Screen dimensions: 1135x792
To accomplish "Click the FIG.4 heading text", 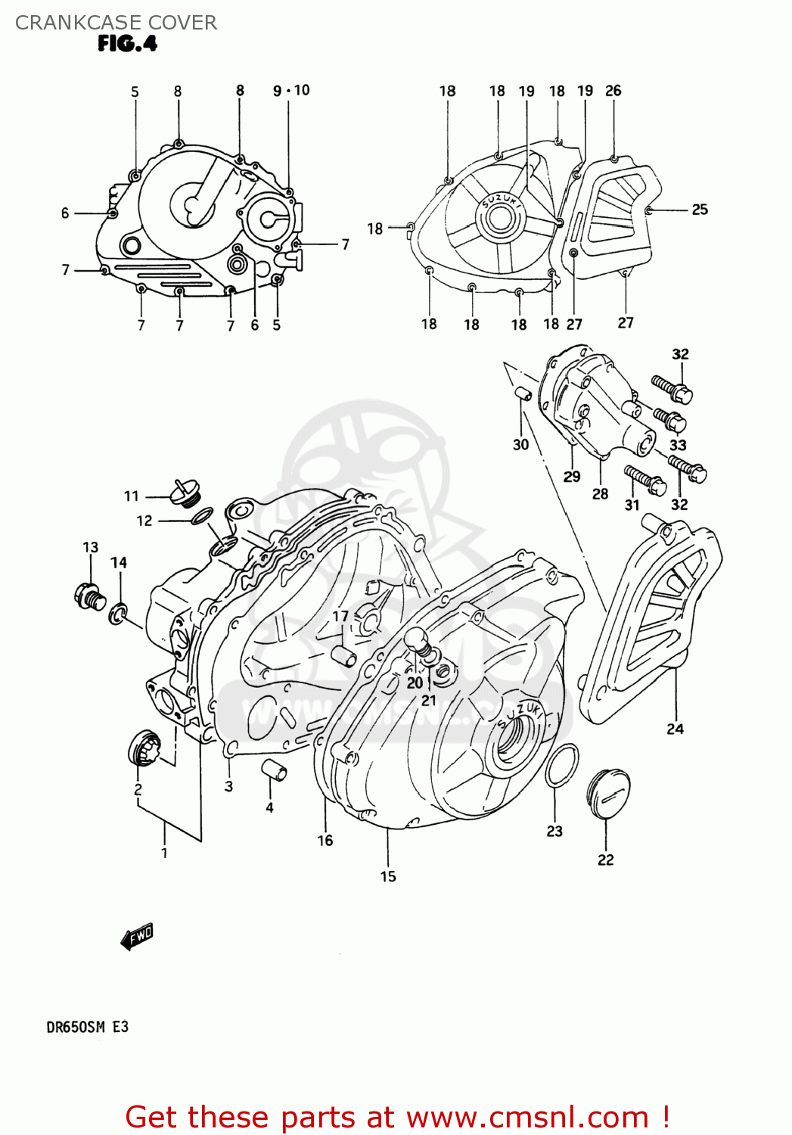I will [127, 44].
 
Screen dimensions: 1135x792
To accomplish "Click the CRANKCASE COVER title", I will [116, 23].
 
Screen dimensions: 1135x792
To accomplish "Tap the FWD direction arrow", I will [137, 937].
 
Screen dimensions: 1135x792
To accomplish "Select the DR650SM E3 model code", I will [88, 1027].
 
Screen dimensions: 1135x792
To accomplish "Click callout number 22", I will [605, 860].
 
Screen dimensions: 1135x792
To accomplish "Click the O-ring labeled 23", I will [561, 765].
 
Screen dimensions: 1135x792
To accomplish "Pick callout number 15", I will [388, 876].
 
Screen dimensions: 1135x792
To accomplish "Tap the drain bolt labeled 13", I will [89, 595].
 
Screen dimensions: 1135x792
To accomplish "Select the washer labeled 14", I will [118, 614].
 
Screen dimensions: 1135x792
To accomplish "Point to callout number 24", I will [675, 729].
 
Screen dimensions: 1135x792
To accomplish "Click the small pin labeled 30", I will [522, 393].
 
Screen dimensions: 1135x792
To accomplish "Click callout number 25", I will [700, 210].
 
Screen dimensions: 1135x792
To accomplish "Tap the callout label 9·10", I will [291, 91].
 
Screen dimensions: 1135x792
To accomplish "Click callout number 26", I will [613, 91].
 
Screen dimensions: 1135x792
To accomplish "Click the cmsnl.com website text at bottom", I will [527, 1117].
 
